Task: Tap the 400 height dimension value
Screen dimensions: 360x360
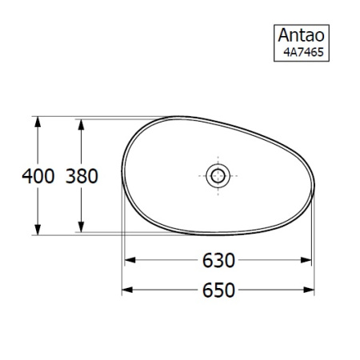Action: coord(38,176)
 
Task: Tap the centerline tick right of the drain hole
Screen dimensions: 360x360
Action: coord(233,176)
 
